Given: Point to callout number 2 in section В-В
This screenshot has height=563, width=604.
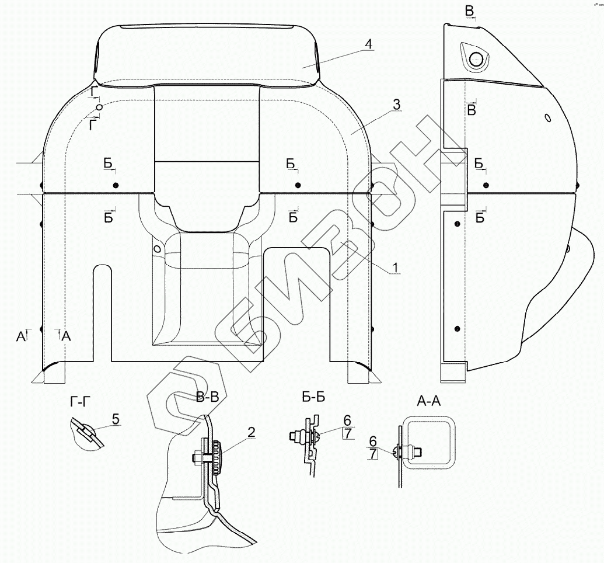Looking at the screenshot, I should click(x=251, y=433).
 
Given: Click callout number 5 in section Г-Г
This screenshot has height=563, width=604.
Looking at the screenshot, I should click(x=115, y=419).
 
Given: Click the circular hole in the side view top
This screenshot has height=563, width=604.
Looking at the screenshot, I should click(x=477, y=58).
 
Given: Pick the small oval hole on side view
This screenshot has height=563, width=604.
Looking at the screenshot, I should click(x=547, y=118).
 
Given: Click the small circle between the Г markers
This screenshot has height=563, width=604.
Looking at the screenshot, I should click(x=99, y=107).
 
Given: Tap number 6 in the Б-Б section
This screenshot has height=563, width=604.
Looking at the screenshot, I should click(x=347, y=420).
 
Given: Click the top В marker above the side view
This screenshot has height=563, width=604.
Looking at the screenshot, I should click(x=470, y=11).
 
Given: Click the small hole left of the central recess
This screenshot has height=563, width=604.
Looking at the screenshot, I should click(x=156, y=248).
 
